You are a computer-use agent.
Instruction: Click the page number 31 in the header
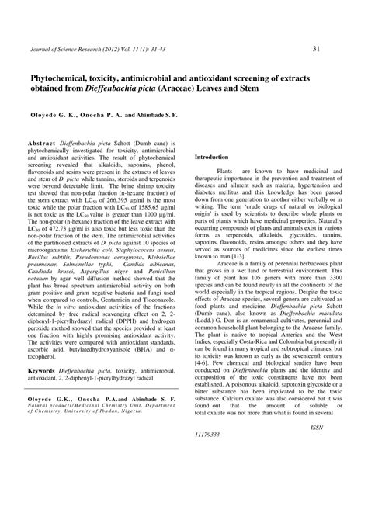click(316, 49)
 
